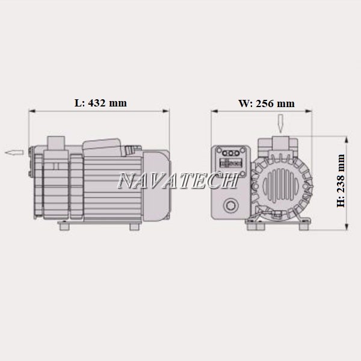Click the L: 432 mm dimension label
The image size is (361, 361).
coord(100,103)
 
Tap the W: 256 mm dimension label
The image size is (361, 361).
coord(267,103)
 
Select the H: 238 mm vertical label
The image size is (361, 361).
coord(341,181)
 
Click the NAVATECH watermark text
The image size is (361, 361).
coord(177,180)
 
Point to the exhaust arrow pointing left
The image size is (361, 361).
coord(14,152)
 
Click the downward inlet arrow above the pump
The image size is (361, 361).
coord(280,123)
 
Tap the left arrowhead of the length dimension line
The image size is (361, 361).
coord(32,111)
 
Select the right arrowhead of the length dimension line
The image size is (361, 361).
coord(166,111)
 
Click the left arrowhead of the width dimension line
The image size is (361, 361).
coord(215,111)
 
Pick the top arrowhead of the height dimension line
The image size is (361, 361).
coord(347,140)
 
